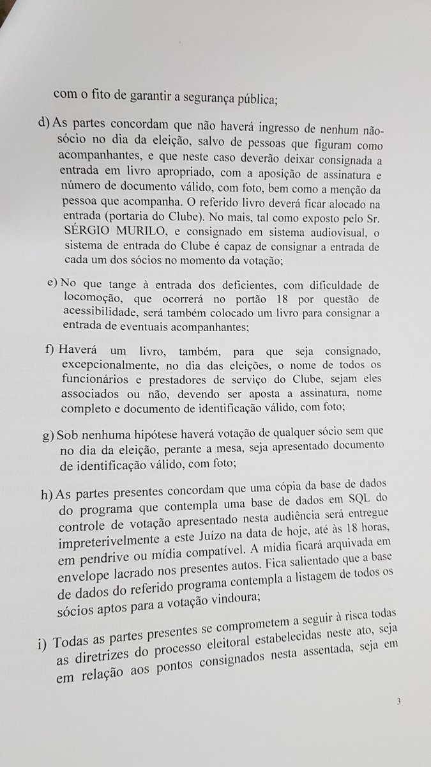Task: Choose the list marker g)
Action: point(48,435)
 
